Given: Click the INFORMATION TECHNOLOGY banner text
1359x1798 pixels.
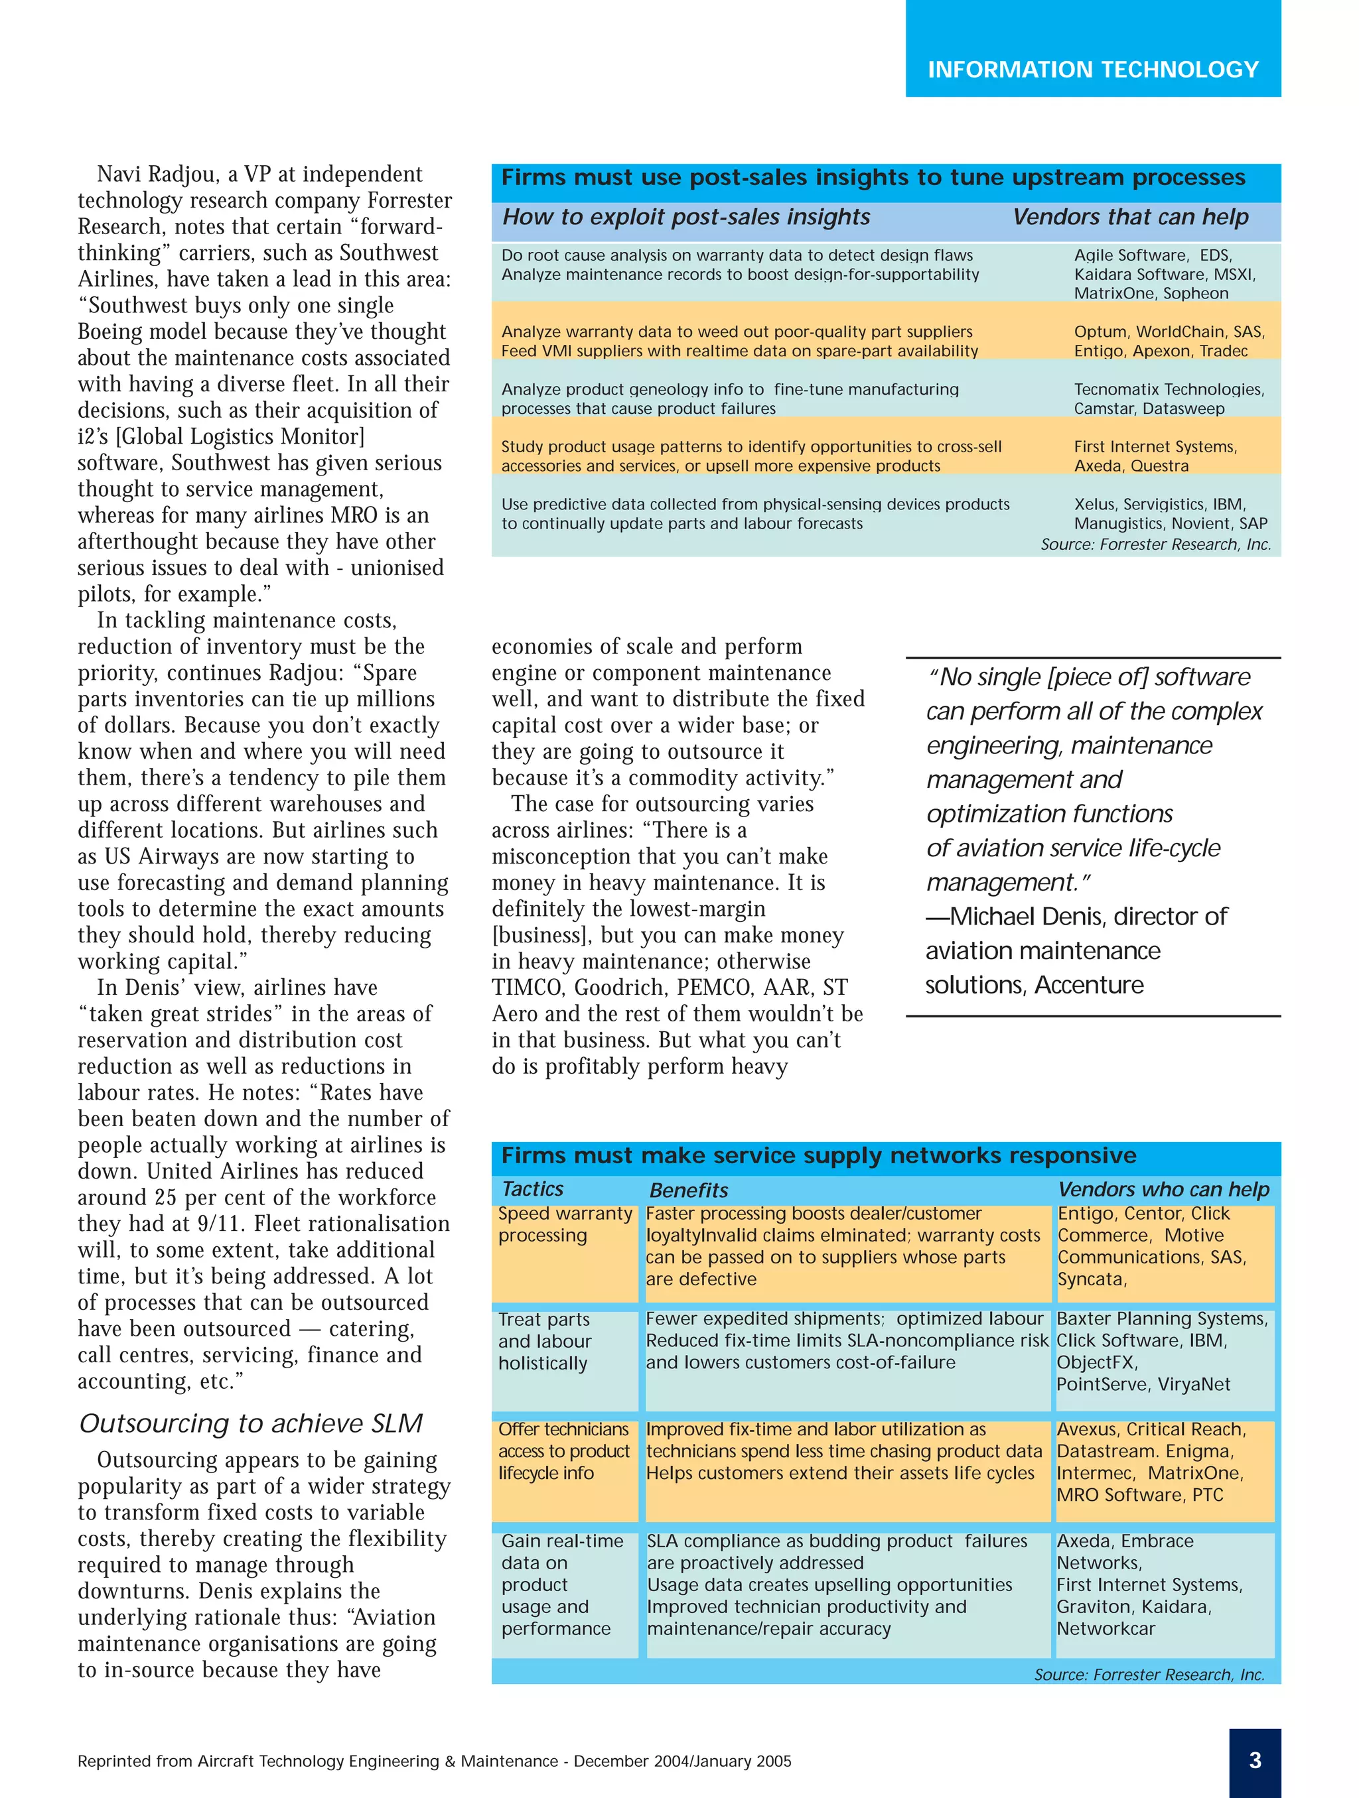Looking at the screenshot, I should click(1092, 70).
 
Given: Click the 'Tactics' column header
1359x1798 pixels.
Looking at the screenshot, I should click(533, 1189).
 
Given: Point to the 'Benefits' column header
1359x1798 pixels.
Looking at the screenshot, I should click(688, 1190).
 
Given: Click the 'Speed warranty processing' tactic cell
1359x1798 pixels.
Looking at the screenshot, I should click(565, 1225).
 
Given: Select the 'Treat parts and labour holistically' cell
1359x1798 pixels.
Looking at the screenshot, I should click(544, 1341).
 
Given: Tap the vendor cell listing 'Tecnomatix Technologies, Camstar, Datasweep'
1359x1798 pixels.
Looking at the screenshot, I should click(1168, 399).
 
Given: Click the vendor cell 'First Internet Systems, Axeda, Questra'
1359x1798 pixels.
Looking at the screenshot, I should click(1154, 456).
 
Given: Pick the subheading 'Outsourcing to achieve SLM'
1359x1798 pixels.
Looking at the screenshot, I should click(250, 1423).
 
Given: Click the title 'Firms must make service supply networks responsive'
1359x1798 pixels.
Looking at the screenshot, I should click(818, 1155).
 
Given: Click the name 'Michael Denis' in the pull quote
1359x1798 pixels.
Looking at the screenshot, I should click(1025, 916).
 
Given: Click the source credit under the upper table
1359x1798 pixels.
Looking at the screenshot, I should click(1155, 545).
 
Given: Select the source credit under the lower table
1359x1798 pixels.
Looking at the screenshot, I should click(1149, 1675).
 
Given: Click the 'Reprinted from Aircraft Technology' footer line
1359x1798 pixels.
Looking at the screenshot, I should click(433, 1761).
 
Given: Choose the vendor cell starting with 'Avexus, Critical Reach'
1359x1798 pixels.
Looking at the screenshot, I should click(1150, 1462).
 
